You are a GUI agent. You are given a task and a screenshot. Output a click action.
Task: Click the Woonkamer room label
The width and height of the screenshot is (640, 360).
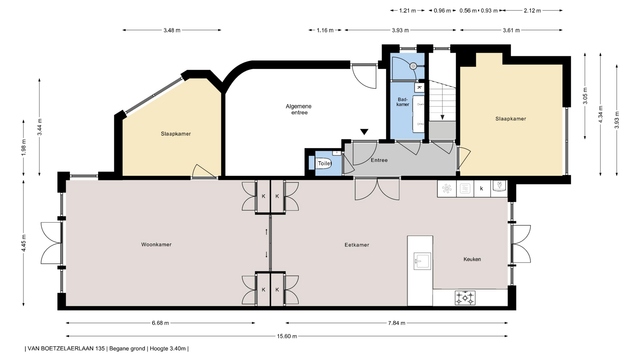[156, 244]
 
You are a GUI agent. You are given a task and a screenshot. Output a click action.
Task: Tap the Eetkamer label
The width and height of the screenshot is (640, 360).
[357, 245]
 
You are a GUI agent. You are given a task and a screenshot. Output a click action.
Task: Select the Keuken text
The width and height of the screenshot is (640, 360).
[472, 259]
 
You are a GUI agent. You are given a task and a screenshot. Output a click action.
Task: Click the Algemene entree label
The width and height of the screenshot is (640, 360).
[299, 109]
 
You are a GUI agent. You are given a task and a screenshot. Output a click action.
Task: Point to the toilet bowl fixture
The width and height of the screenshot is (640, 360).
[323, 163]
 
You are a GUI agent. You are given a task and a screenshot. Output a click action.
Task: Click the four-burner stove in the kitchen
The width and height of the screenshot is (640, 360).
[465, 298]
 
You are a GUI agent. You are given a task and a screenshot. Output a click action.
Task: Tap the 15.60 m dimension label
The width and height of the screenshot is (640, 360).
[287, 336]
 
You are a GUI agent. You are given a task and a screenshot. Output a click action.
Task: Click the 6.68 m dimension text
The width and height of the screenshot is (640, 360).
[160, 323]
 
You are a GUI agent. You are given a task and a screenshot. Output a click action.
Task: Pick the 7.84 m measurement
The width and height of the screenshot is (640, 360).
[397, 323]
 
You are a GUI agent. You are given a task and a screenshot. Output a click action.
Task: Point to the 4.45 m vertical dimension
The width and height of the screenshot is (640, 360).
[24, 244]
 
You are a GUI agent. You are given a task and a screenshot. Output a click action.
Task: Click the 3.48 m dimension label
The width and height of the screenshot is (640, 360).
[172, 30]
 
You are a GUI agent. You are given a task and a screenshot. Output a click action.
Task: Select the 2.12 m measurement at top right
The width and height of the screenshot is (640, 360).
[532, 11]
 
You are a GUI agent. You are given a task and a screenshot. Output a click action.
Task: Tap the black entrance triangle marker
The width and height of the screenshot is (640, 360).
[364, 132]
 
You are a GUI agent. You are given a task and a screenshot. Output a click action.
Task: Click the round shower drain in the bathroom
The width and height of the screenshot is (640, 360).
[413, 66]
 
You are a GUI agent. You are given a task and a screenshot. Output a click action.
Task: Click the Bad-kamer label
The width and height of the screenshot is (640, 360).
[403, 102]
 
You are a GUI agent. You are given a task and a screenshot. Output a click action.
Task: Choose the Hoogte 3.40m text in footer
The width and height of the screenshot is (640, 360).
[168, 349]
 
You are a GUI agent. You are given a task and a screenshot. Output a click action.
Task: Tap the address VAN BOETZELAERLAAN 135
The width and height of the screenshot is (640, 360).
[66, 349]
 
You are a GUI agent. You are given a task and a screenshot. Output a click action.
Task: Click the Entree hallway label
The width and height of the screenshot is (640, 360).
[379, 160]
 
